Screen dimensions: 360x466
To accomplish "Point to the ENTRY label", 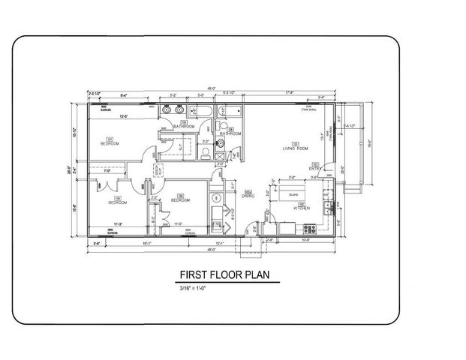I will (316, 168).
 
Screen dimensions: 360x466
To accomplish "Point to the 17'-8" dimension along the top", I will (289, 93).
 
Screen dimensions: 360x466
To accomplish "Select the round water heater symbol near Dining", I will (217, 199).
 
